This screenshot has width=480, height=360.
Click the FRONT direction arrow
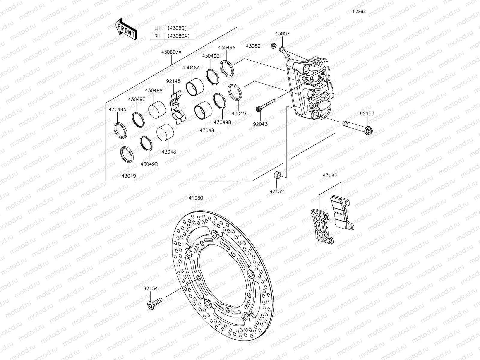(x=126, y=29)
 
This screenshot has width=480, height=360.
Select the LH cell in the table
(x=157, y=28)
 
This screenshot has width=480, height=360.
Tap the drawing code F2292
(x=359, y=11)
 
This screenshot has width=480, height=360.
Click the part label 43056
(x=253, y=46)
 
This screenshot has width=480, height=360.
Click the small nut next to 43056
(x=273, y=46)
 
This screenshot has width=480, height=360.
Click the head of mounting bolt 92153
(x=369, y=130)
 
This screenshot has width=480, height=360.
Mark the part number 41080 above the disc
(x=196, y=198)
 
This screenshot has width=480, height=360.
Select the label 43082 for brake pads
(x=330, y=175)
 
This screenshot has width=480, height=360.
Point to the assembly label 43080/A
(x=171, y=52)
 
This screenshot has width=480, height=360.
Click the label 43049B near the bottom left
(x=149, y=164)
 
